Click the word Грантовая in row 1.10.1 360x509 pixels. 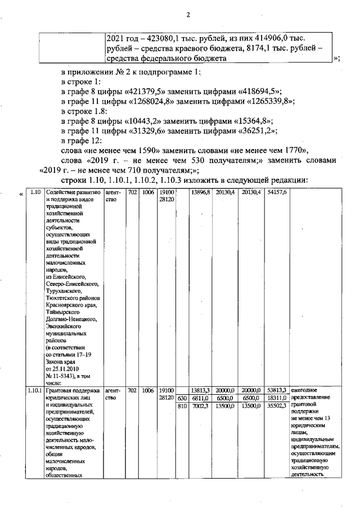point(58,390)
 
